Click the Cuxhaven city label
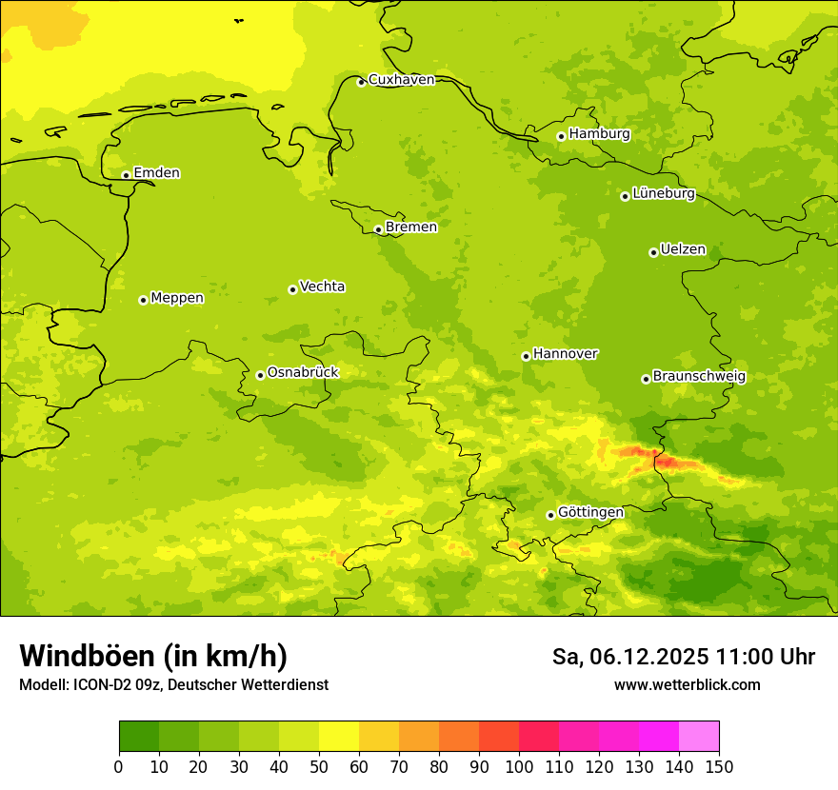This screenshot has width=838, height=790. tap(401, 80)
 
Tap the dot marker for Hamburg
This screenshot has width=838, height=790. tap(561, 136)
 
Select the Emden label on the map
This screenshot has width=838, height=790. tap(156, 173)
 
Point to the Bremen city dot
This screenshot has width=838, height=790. tap(378, 229)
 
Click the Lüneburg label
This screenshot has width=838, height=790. tap(664, 193)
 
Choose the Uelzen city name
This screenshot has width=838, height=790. tap(683, 250)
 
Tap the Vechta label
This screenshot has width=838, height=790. tap(322, 286)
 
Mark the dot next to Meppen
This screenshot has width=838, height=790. tap(143, 300)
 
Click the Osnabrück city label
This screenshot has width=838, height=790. tap(303, 373)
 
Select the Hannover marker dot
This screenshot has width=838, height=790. tap(526, 356)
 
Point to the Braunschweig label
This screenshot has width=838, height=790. tap(699, 377)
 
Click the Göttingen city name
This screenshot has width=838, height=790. tap(590, 513)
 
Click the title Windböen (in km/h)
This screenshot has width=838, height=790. tap(153, 657)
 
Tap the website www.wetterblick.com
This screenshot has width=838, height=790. tap(687, 685)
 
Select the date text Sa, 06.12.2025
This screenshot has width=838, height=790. tap(628, 657)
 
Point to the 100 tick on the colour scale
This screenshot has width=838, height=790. tap(519, 766)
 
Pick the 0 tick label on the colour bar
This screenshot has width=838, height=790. tap(119, 766)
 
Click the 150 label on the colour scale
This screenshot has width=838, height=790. tap(719, 766)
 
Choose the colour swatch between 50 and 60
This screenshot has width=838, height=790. tap(339, 737)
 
